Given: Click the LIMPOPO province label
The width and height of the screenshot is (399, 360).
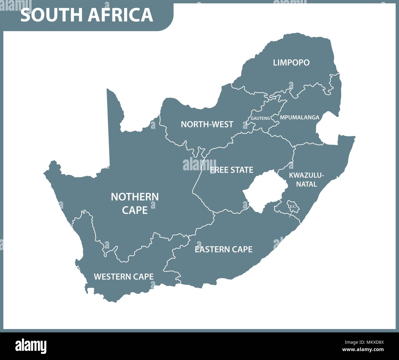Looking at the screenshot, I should point(291,63).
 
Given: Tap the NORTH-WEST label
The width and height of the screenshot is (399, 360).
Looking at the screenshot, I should point(207,124).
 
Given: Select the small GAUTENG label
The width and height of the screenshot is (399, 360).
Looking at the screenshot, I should point(260,118).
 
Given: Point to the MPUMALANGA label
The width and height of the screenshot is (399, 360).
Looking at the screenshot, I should point(299,117).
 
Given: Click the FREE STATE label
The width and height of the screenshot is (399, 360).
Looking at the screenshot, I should point(231,170).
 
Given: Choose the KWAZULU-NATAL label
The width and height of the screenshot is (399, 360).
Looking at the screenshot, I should point(306,180).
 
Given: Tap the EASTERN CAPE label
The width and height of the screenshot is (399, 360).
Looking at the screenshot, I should point(223,249).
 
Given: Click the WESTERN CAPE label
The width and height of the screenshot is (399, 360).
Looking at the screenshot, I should point(123,277).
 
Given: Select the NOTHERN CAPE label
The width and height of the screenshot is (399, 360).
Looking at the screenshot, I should point(135,203).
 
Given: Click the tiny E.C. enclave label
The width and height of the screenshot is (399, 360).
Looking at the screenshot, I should point(292,206).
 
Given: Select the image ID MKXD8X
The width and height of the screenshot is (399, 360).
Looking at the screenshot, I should point(373,342).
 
